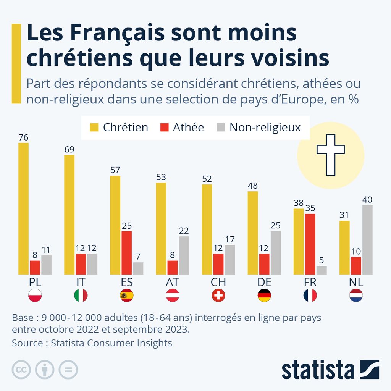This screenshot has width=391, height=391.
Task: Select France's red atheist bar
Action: point(310,244)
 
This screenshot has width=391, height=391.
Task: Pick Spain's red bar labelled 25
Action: point(127,252)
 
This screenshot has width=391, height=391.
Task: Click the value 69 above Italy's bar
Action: point(69,149)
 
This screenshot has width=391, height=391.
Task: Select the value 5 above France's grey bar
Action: point(322,260)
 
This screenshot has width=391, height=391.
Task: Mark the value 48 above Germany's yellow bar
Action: point(252,186)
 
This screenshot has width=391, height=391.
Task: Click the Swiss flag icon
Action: point(218,296)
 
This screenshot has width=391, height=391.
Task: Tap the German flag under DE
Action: point(264,296)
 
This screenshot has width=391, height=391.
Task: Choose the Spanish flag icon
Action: point(127,296)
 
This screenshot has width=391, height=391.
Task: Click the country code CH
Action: point(218,282)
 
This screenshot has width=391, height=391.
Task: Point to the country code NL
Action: point(356,282)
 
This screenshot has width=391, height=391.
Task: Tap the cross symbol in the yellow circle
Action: point(331,155)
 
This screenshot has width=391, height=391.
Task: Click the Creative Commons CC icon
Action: point(21,369)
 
